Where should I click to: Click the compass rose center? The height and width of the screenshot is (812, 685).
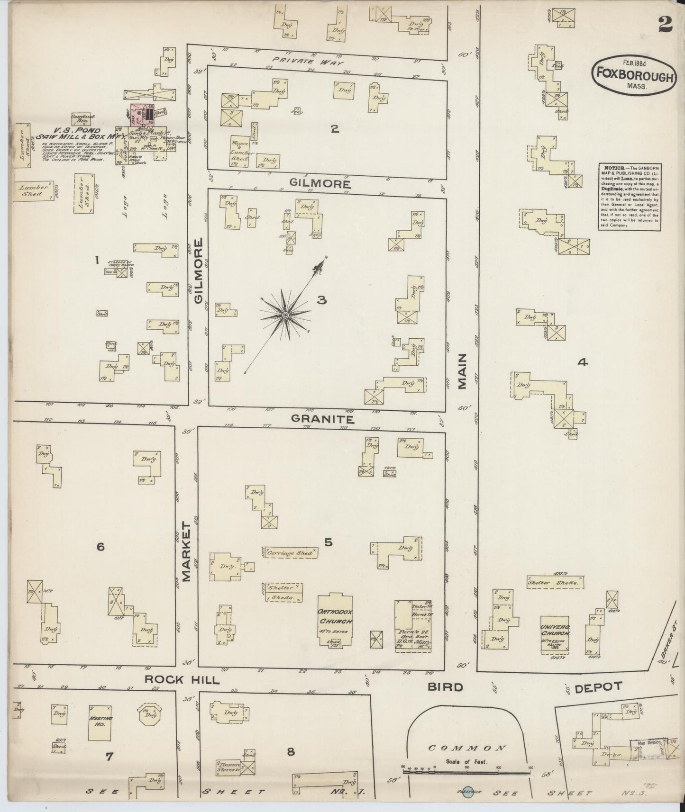tap(286, 315)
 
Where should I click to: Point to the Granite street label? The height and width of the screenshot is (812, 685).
tap(322, 419)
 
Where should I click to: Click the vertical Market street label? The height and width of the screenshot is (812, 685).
tap(185, 552)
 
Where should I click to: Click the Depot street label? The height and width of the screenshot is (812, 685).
tap(598, 687)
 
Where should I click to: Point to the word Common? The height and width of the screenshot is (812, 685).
tap(466, 748)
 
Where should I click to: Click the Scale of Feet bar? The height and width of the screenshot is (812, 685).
tap(467, 772)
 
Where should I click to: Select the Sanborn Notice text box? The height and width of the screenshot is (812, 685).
tap(630, 197)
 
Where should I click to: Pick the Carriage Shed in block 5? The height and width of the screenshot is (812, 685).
tap(289, 553)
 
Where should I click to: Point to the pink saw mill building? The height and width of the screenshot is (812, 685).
tap(140, 115)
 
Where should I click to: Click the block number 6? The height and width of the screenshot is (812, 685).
tap(100, 547)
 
